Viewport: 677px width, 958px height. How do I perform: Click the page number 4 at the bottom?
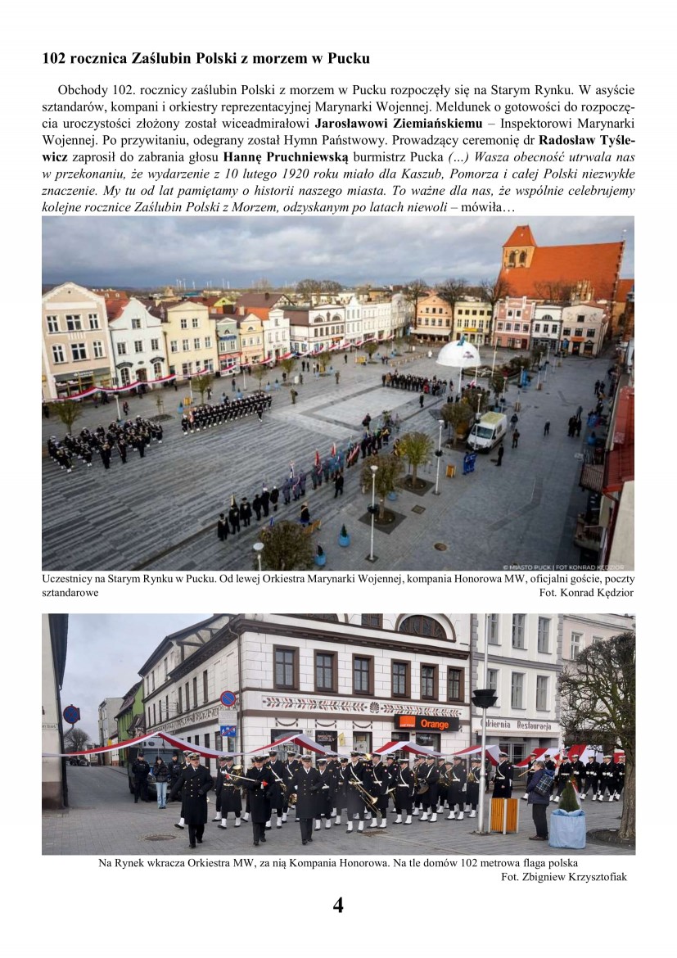338,905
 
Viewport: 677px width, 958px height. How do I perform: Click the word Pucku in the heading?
348,59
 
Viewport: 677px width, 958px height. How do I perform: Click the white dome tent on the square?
458,354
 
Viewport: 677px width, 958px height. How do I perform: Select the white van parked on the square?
487,431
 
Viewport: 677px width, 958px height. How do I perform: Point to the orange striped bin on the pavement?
504,814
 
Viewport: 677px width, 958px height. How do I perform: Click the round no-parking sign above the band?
228,698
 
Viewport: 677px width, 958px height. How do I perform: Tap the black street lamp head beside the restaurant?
485,698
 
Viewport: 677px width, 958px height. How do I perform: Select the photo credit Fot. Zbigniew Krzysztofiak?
563,877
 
